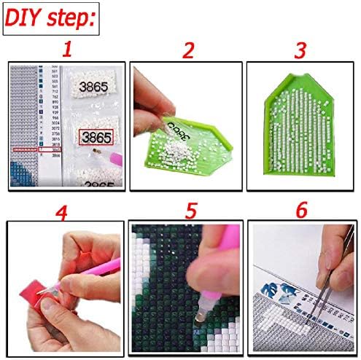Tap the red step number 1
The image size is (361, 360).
pyautogui.click(x=66, y=50)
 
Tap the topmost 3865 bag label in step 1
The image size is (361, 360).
pyautogui.click(x=91, y=85)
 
